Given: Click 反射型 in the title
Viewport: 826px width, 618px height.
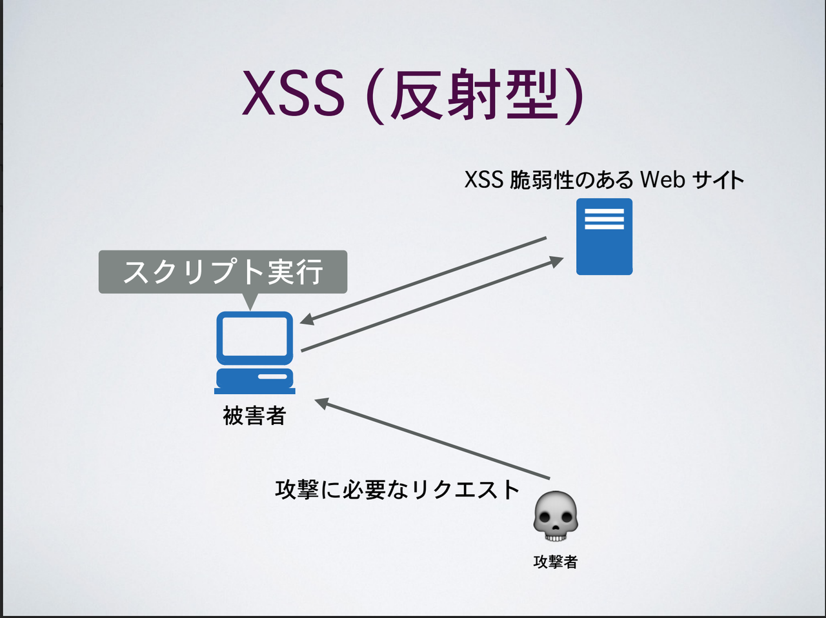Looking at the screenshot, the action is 472,95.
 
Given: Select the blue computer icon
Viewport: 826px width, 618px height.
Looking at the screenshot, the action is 255,352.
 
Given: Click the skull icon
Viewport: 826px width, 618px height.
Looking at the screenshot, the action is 556,516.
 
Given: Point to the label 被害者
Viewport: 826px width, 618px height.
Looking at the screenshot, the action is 254,415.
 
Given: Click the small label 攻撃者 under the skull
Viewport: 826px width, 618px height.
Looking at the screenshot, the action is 556,562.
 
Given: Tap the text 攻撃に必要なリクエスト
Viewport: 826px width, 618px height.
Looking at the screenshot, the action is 397,490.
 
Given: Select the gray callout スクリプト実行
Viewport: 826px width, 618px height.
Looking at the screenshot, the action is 223,272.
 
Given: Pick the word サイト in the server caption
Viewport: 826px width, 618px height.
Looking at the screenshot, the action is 718,179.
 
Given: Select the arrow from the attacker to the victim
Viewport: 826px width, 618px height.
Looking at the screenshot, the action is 432,440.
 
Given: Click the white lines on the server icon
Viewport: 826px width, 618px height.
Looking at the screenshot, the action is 604,219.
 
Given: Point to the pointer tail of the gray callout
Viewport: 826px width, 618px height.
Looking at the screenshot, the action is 249,301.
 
